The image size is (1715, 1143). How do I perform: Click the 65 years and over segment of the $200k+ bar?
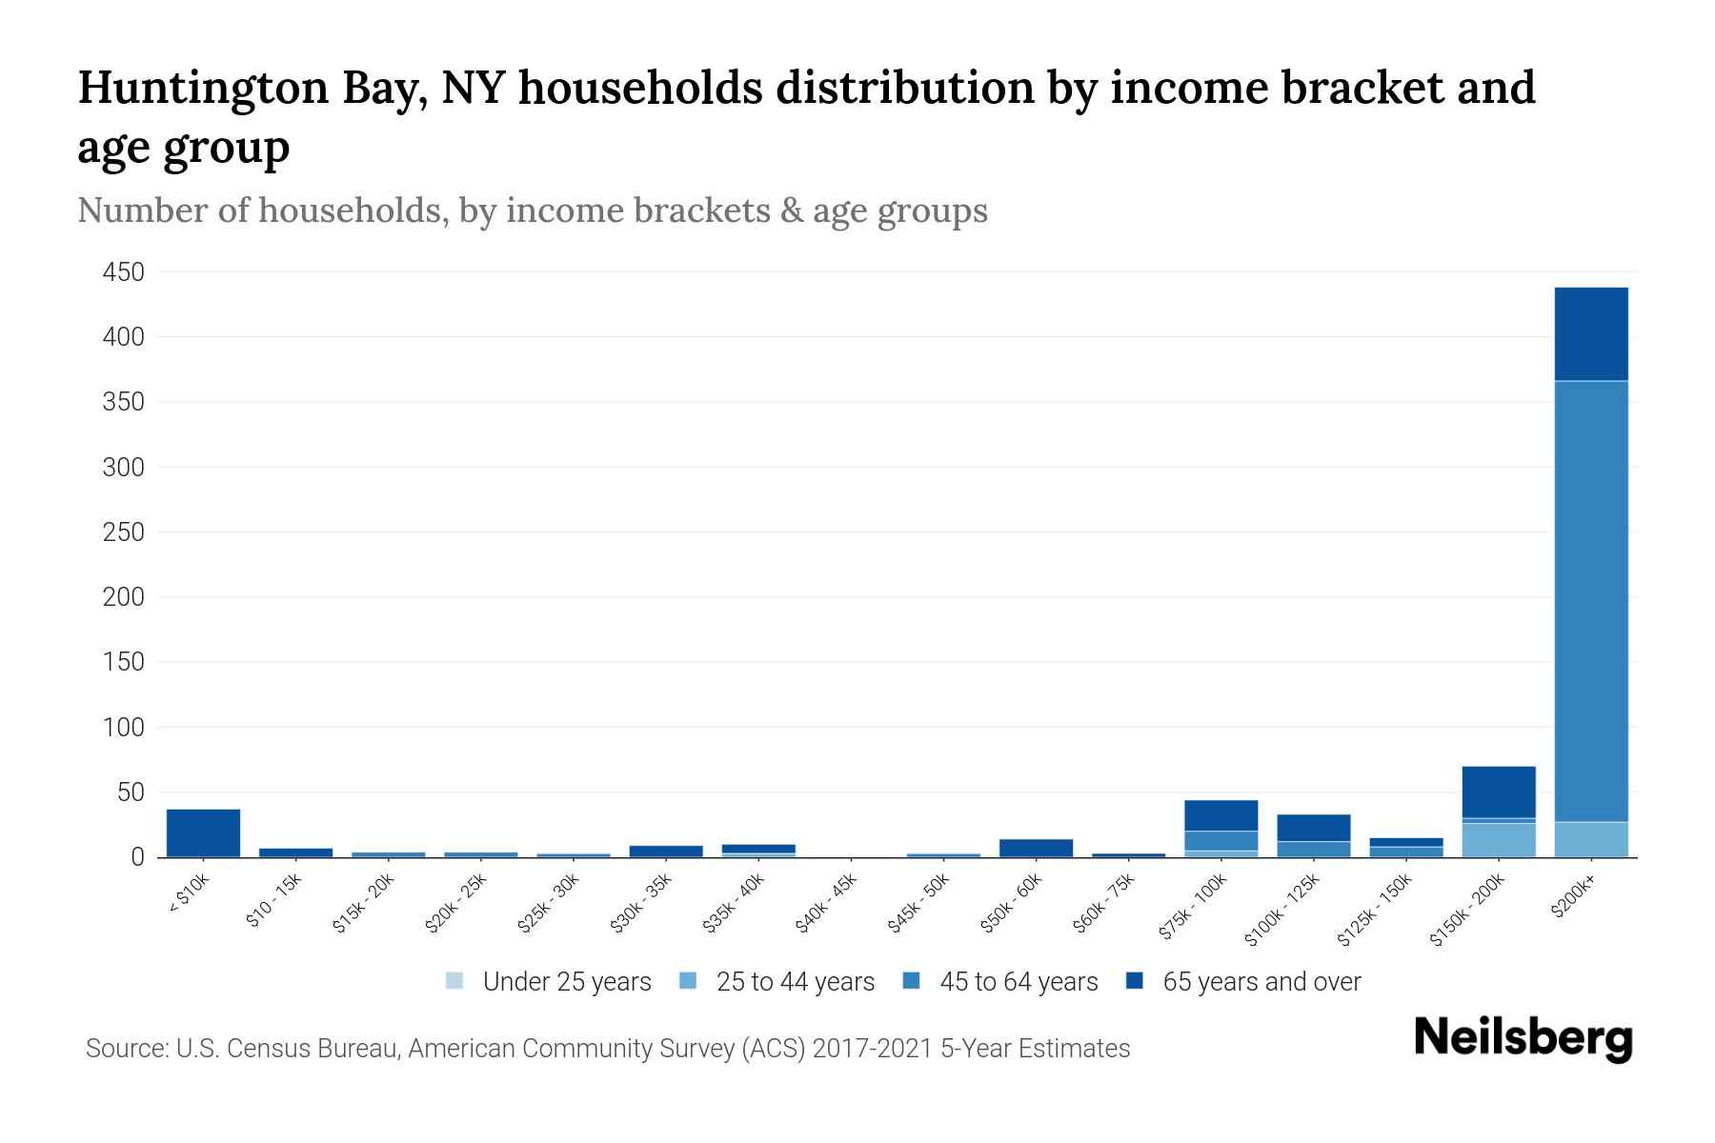click(1590, 333)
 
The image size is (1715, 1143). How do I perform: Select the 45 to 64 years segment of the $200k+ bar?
click(1590, 600)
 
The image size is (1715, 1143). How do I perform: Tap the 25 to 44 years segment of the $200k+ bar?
click(1590, 839)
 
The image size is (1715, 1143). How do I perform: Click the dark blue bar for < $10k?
click(203, 832)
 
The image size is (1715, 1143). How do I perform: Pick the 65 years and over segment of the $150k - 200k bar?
click(1498, 792)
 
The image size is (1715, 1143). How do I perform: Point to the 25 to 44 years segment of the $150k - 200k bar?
click(1498, 840)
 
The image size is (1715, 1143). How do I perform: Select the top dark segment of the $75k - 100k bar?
click(1221, 815)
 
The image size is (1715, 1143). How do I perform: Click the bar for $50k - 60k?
click(1036, 848)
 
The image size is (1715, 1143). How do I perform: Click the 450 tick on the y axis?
click(123, 272)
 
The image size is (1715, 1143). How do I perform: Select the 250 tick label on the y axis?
click(123, 532)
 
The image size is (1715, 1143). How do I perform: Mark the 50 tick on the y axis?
click(130, 792)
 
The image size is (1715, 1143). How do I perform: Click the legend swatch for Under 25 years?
click(454, 981)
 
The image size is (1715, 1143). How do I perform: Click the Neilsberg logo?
click(1523, 1037)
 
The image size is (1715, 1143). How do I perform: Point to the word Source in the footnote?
click(124, 1049)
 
